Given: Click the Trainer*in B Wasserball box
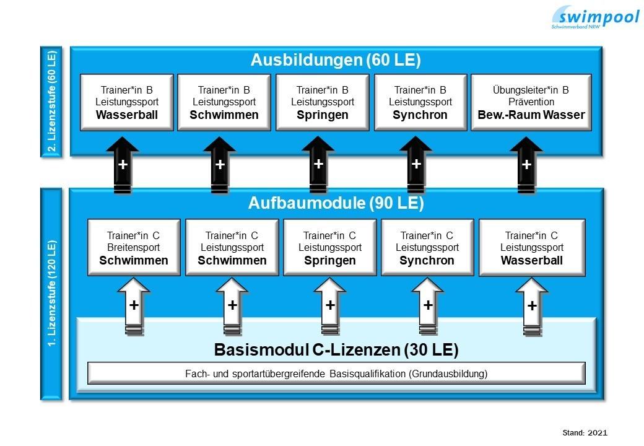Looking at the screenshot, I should click(127, 102).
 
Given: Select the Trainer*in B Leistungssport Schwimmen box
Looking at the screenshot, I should click(224, 102).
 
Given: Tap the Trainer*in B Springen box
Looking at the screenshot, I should click(323, 102).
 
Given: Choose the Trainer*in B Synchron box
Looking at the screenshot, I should click(420, 102).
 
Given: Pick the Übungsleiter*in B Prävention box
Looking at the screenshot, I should click(531, 102).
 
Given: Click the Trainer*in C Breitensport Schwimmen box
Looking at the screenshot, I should click(134, 247).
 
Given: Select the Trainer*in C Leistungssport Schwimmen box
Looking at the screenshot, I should click(232, 247).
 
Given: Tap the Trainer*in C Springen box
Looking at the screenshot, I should click(330, 247).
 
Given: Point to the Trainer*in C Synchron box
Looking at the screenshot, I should click(427, 247).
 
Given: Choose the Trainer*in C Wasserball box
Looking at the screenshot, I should click(532, 247).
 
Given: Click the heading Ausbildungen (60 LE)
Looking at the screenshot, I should click(336, 60).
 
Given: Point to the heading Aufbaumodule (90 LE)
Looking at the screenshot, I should click(336, 203).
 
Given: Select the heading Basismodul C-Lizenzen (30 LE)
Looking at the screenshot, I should click(336, 350).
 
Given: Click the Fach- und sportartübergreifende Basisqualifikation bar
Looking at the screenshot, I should click(336, 374).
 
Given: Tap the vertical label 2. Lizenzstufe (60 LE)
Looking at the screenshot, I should click(51, 102).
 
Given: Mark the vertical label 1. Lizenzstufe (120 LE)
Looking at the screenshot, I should click(51, 294).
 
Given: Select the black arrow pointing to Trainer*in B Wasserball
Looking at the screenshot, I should click(123, 166).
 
